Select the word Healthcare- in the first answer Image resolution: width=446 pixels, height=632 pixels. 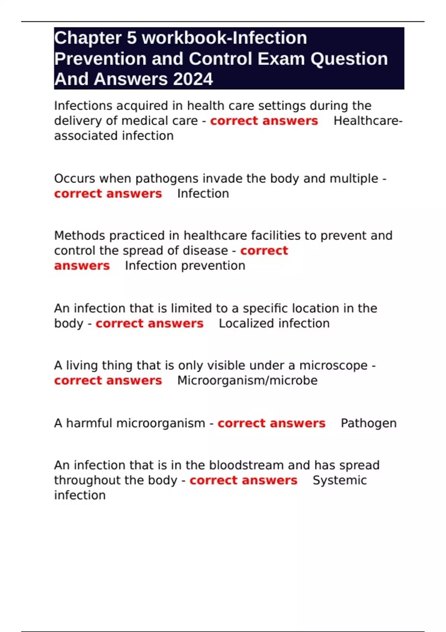point(368,121)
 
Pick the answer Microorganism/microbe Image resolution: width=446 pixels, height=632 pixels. point(247,381)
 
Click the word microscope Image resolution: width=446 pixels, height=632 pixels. point(333,366)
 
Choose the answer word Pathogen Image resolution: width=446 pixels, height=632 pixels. point(368,423)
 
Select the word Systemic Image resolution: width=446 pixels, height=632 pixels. point(339,480)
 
